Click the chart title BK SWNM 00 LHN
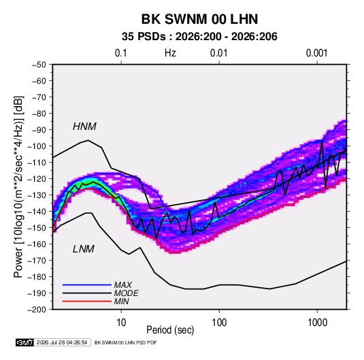[x=199, y=19]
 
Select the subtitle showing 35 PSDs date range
[x=199, y=37]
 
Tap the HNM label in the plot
[x=84, y=127]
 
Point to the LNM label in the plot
[x=84, y=249]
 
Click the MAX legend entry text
[x=123, y=284]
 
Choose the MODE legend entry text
[x=127, y=293]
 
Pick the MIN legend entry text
[x=122, y=301]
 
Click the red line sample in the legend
[x=87, y=301]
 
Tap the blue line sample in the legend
[x=87, y=284]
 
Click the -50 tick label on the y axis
[x=39, y=65]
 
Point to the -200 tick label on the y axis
[x=37, y=310]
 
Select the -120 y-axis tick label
[x=37, y=179]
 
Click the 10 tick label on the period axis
[x=121, y=323]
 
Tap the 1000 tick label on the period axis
[x=317, y=323]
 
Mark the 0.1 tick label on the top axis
[x=121, y=53]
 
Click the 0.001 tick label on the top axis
[x=316, y=53]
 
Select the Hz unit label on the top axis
[x=170, y=53]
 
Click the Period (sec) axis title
[x=170, y=330]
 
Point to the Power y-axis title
[x=18, y=186]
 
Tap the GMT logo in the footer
[x=24, y=342]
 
